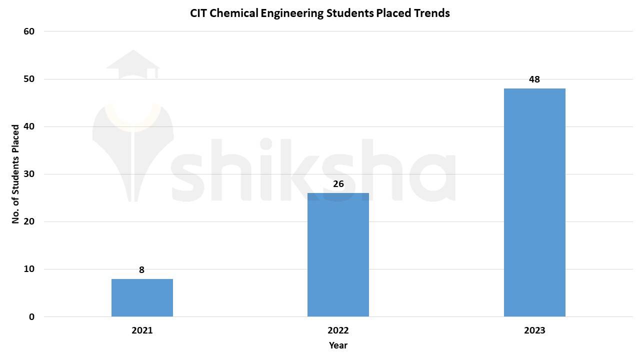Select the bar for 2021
[x=142, y=298]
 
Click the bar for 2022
[x=338, y=255]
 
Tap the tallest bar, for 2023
[x=534, y=202]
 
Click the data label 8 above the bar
[x=141, y=270]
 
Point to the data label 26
[x=338, y=184]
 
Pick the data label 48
[x=534, y=79]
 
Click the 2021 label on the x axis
[x=142, y=330]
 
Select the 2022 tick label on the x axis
[x=338, y=330]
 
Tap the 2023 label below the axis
[x=534, y=330]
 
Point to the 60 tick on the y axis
[x=29, y=31]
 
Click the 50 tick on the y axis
[x=29, y=79]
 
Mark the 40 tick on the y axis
[x=29, y=126]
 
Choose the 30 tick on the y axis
[x=29, y=174]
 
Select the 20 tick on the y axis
[x=29, y=221]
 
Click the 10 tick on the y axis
[x=29, y=269]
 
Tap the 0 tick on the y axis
[x=31, y=317]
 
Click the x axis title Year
[x=338, y=345]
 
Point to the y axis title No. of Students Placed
[x=15, y=174]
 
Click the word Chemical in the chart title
[x=233, y=13]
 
